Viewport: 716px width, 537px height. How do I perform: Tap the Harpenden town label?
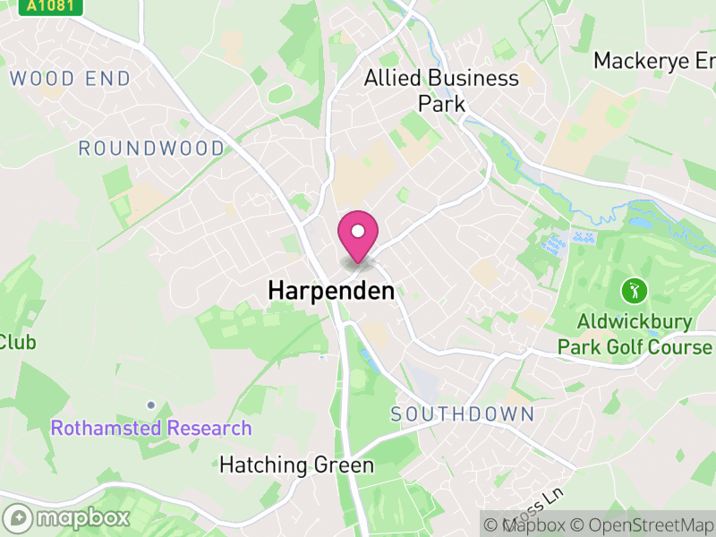(331, 291)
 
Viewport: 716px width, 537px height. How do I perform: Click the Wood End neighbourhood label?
(70, 79)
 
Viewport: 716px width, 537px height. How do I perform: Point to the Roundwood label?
(151, 149)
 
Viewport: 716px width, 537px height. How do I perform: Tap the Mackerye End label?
(654, 61)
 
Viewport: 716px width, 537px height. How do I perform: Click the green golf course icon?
(635, 291)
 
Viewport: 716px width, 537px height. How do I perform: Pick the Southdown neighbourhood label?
(462, 414)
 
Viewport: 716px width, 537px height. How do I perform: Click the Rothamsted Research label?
(151, 428)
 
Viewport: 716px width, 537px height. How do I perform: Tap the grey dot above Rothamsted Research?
(151, 405)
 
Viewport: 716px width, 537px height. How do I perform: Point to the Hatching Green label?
(296, 465)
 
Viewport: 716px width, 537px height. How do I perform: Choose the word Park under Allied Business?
(442, 104)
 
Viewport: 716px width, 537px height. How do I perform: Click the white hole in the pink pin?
(358, 232)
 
